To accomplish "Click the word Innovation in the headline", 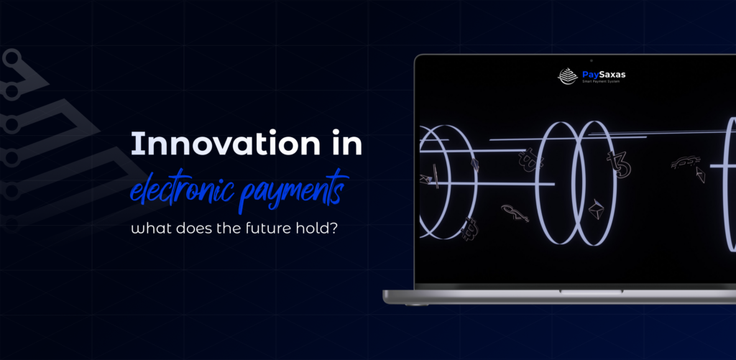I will pos(218,145).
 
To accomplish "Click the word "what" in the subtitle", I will pos(149,229).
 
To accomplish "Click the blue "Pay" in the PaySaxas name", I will pos(592,73).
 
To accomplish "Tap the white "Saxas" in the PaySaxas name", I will pos(612,73).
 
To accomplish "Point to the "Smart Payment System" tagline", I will pos(603,82).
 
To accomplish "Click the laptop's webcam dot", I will pos(591,59).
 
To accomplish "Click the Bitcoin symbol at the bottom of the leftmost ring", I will pos(469,227).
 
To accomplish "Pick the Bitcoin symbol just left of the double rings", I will pos(530,159).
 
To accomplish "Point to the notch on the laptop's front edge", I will pos(581,292).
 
